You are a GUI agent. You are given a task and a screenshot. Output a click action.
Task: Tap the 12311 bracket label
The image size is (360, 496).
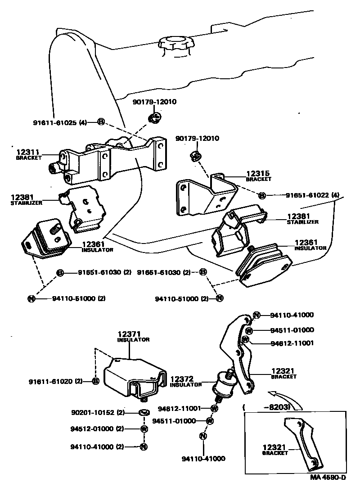click(x=28, y=155)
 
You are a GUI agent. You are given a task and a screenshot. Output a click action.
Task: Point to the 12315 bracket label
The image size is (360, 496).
click(x=258, y=176)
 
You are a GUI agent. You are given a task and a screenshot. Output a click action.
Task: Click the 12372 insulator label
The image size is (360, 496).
click(x=186, y=382)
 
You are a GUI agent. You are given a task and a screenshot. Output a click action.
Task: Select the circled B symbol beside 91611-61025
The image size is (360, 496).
click(x=101, y=122)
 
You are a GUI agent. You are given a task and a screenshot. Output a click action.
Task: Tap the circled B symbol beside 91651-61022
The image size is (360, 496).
click(x=263, y=195)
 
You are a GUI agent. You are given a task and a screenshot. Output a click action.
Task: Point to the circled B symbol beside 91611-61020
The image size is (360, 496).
click(x=95, y=381)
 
